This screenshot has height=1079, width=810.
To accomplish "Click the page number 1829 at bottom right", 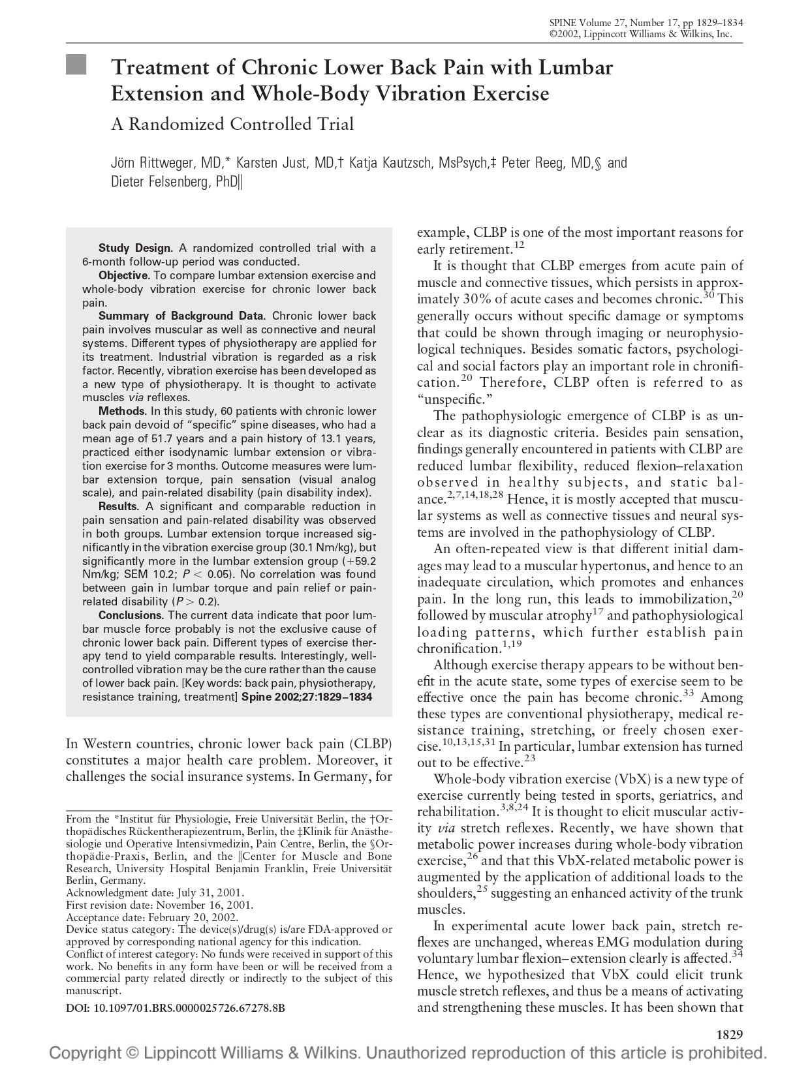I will click(730, 1034).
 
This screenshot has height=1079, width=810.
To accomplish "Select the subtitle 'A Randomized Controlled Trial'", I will click(232, 124).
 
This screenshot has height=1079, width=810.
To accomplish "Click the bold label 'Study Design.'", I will click(135, 248).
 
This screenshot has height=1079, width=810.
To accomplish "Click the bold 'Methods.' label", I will click(122, 411).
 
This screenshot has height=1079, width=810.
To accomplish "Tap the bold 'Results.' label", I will click(119, 506).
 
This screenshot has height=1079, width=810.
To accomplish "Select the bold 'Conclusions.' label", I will click(131, 615).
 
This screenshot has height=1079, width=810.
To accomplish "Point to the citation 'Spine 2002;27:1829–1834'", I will click(307, 697).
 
